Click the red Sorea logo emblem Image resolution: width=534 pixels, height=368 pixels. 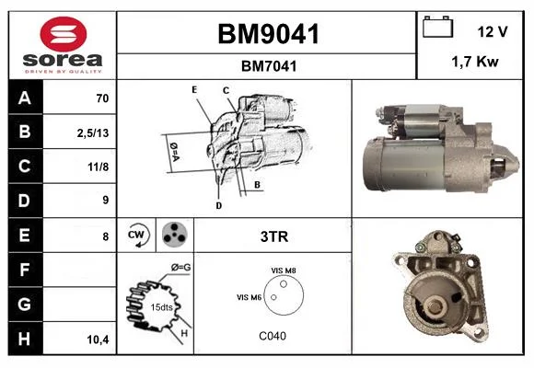coord(64,34)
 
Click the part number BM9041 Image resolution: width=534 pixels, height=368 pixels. coord(268,34)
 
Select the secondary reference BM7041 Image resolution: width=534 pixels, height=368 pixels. coord(269,66)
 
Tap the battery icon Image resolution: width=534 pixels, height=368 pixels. coord(437,27)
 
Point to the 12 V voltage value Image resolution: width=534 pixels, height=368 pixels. coord(493,31)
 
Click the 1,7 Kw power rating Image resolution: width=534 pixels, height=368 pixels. coord(475,62)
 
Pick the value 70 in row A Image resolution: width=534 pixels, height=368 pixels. coord(102,98)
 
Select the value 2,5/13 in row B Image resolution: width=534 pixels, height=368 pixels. coord(93,132)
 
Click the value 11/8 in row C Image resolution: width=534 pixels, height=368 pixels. coord(99,167)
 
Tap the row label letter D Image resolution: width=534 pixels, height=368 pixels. coord(24,201)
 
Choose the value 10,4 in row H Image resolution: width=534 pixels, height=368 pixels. coord(99,339)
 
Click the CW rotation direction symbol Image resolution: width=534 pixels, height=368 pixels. coord(138,235)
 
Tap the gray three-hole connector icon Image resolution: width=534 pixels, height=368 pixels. coord(175,235)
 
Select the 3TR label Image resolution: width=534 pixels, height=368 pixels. coord(274,236)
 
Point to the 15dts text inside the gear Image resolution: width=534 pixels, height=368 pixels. coord(161,307)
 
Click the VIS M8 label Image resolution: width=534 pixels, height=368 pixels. coord(284,270)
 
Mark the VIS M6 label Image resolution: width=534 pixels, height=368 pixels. coord(249,297)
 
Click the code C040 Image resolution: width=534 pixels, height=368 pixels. coord(273,336)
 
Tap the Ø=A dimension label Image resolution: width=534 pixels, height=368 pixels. coord(174,152)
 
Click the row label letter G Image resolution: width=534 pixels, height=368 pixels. coord(24,304)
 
